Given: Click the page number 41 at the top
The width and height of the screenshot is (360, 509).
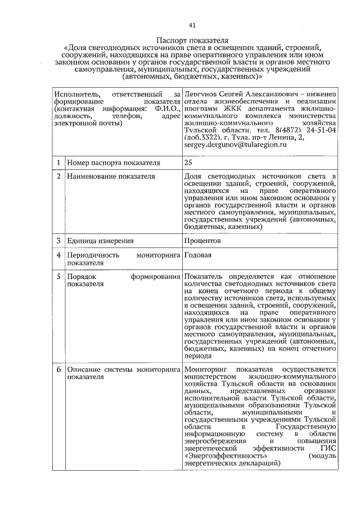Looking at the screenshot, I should point(192,25).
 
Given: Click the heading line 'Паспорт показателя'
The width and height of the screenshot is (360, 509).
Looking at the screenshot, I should point(192,40).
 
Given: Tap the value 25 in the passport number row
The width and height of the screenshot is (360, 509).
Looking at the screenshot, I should point(188,163).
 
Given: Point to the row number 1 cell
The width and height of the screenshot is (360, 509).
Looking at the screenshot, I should point(58,163).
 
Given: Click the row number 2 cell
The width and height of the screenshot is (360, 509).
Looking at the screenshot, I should point(58,177).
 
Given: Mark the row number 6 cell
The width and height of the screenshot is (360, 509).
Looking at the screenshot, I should point(58,370).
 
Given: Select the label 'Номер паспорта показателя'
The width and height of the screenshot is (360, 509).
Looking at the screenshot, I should point(113,163).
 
